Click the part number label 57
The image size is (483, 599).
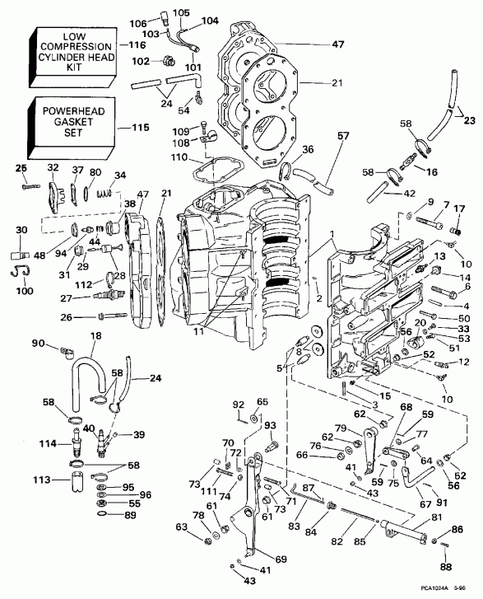coord(343,136)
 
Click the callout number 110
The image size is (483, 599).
coord(179,157)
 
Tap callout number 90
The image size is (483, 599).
coord(38,343)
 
